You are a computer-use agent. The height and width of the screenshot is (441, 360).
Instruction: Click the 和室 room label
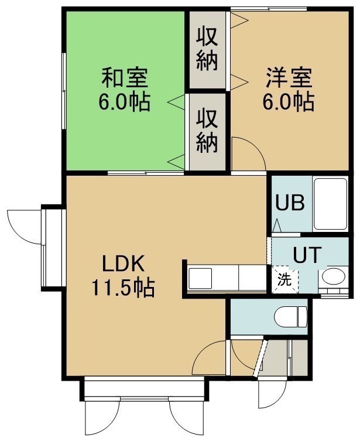point(125,78)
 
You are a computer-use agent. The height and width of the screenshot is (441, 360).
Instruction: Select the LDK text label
point(123,264)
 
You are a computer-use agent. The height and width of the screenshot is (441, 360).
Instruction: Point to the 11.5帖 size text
point(123,288)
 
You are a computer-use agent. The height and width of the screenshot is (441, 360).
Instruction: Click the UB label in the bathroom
point(290,203)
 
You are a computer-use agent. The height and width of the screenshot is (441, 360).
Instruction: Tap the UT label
point(307,254)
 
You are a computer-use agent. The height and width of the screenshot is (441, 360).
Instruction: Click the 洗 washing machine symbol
point(284,280)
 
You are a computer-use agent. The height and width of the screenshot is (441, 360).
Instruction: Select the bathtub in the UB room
point(330,204)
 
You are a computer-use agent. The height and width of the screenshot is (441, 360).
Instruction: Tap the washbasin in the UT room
point(333,276)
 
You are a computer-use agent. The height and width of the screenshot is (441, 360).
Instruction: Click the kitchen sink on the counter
point(200,278)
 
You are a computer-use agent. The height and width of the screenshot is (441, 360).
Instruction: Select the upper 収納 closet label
point(207,49)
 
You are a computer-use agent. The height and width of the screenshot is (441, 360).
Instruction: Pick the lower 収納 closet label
point(207,131)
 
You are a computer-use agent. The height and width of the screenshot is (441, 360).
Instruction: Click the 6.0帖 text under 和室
point(124,102)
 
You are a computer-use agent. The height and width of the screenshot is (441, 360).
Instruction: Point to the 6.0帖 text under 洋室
point(289,102)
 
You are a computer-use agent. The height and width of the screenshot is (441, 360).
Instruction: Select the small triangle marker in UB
point(277,225)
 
